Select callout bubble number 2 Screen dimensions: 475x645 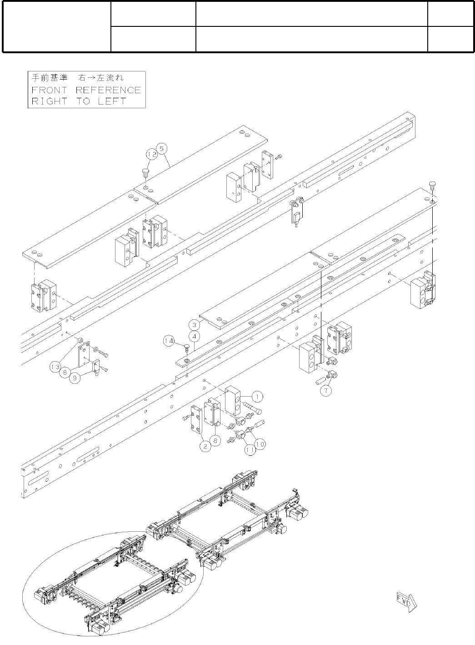click(x=206, y=447)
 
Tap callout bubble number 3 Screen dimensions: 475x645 click(x=194, y=325)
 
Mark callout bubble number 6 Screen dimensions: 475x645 click(x=65, y=372)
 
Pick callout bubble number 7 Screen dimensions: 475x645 click(x=325, y=390)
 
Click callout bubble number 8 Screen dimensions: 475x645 click(x=216, y=440)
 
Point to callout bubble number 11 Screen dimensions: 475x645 click(x=249, y=450)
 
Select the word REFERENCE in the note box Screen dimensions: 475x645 click(x=108, y=90)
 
